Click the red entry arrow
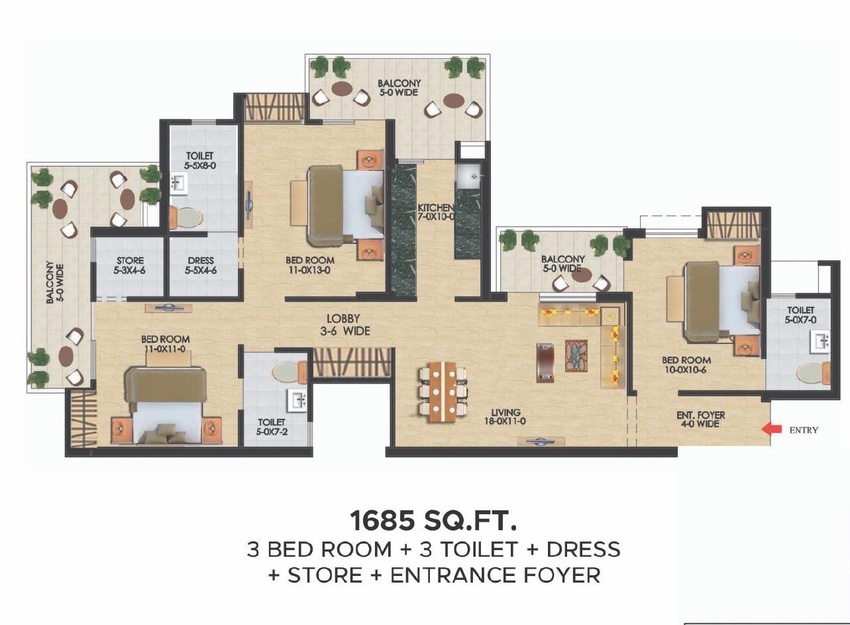pyautogui.click(x=772, y=429)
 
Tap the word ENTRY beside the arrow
pyautogui.click(x=804, y=430)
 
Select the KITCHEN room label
pyautogui.click(x=436, y=212)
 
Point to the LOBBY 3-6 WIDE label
pyautogui.click(x=345, y=325)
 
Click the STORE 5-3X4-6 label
pyautogui.click(x=130, y=265)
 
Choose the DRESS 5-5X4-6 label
pyautogui.click(x=201, y=265)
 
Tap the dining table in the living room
pyautogui.click(x=443, y=392)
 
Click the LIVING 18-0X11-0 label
pyautogui.click(x=505, y=416)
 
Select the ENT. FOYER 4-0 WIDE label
pyautogui.click(x=700, y=420)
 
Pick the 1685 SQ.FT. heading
pyautogui.click(x=433, y=520)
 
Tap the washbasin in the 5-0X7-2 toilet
pyautogui.click(x=299, y=400)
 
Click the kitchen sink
pyautogui.click(x=469, y=176)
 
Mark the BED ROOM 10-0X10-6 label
pyautogui.click(x=686, y=365)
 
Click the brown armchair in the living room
pyautogui.click(x=545, y=363)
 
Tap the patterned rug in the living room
pyautogui.click(x=576, y=356)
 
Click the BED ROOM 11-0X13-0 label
pyautogui.click(x=310, y=265)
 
